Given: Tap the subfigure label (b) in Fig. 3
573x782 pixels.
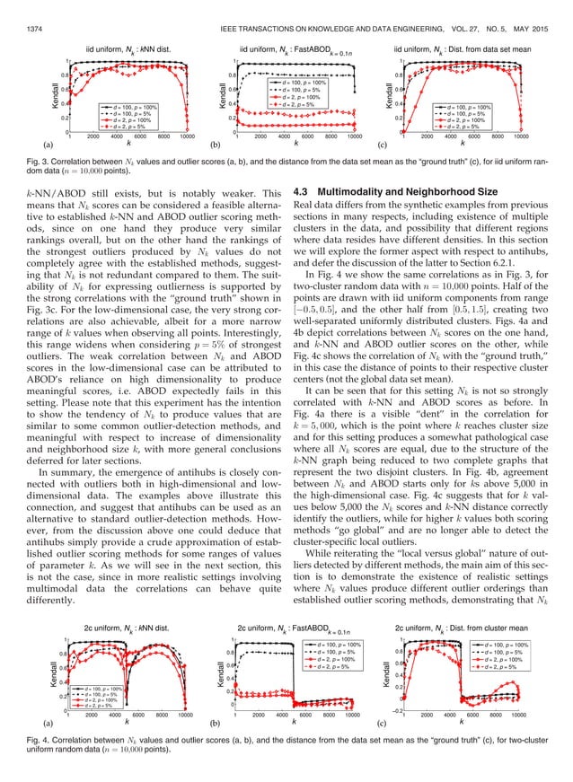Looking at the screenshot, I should pos(215,144).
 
